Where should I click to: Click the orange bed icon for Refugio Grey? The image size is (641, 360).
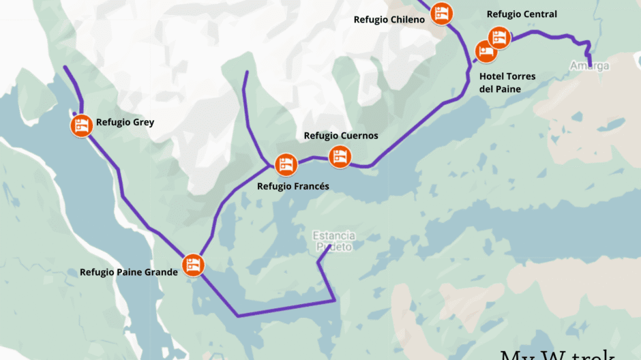pyautogui.click(x=81, y=125)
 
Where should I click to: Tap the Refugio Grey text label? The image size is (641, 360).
pyautogui.click(x=125, y=123)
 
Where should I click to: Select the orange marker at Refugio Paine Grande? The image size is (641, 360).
pyautogui.click(x=193, y=265)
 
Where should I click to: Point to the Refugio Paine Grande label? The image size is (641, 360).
pyautogui.click(x=128, y=272)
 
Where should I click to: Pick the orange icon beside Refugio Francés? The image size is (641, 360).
pyautogui.click(x=286, y=164)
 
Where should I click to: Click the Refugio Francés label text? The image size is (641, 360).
pyautogui.click(x=293, y=186)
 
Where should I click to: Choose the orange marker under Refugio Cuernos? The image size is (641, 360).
pyautogui.click(x=340, y=157)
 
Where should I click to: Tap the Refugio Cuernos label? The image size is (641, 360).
pyautogui.click(x=340, y=136)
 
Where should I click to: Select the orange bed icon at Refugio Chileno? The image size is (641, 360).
pyautogui.click(x=442, y=12)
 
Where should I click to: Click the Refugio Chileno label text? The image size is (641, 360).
pyautogui.click(x=389, y=20)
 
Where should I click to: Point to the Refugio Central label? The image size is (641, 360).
pyautogui.click(x=522, y=14)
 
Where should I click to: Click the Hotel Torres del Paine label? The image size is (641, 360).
pyautogui.click(x=507, y=82)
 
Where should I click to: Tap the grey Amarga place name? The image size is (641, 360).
pyautogui.click(x=590, y=66)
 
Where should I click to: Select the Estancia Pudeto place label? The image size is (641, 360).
pyautogui.click(x=333, y=241)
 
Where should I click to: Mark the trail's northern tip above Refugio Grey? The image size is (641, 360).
pyautogui.click(x=65, y=67)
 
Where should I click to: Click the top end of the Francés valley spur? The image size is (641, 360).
pyautogui.click(x=245, y=72)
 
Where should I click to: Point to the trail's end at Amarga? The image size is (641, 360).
pyautogui.click(x=590, y=66)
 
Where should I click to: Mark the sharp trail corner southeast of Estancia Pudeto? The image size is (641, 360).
pyautogui.click(x=334, y=300)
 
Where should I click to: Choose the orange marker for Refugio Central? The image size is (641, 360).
pyautogui.click(x=499, y=37)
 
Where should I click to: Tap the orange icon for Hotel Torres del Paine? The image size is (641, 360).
pyautogui.click(x=485, y=50)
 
